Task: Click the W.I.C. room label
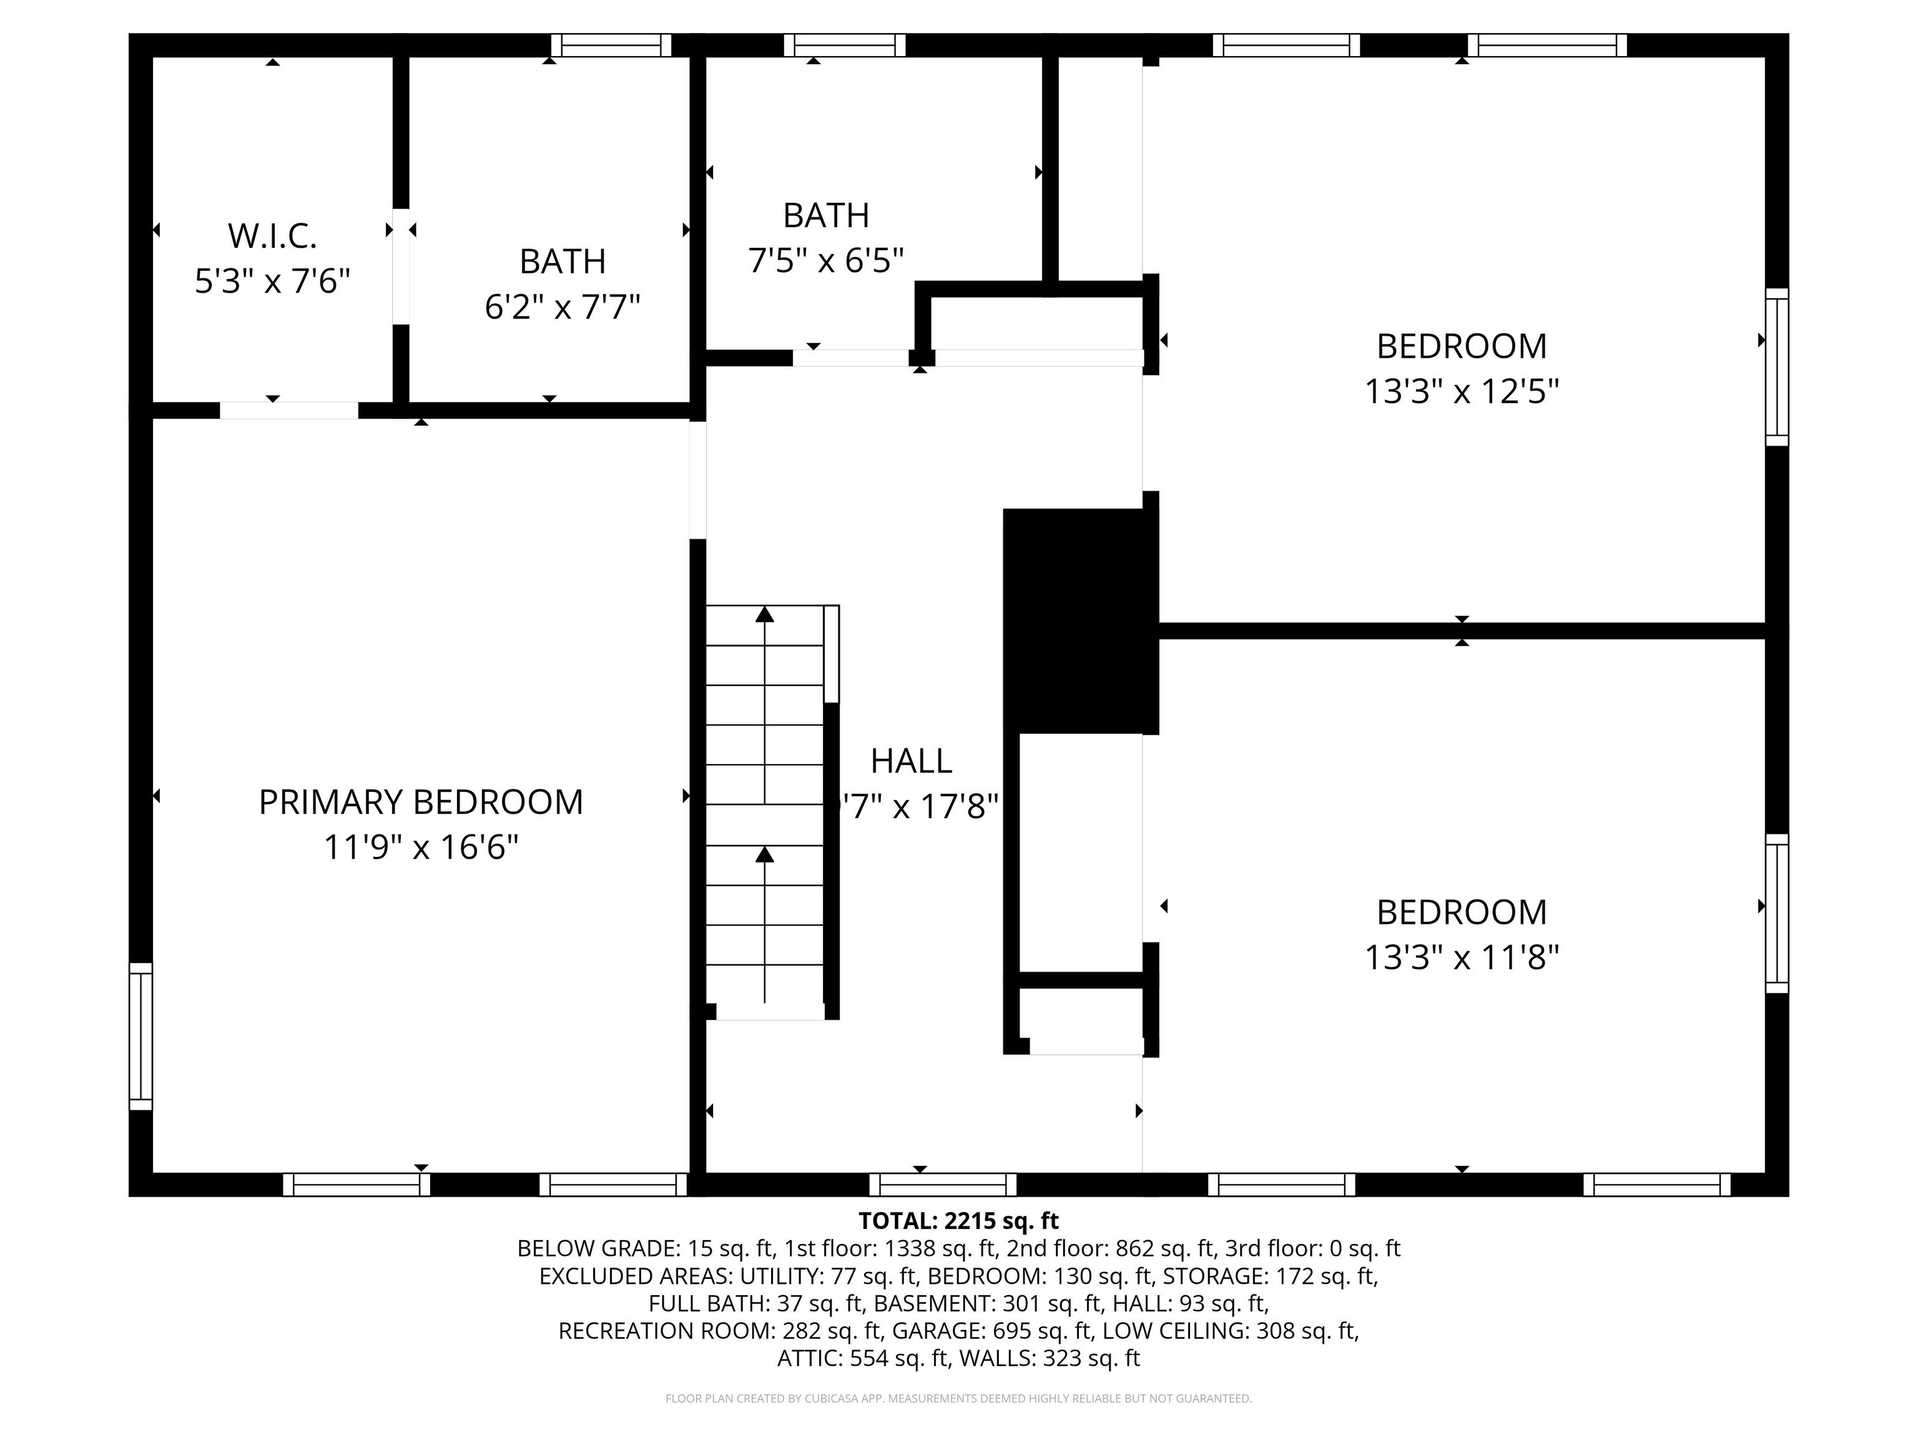[272, 236]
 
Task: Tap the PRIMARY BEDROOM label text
[421, 802]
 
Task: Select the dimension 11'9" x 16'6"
[421, 847]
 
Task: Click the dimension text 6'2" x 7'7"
[562, 307]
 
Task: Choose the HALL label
[912, 761]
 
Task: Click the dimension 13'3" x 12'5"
[1462, 392]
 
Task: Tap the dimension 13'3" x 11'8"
[1462, 958]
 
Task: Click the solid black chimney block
[1080, 620]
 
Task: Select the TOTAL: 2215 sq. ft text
[958, 1221]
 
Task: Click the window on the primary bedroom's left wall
[140, 1036]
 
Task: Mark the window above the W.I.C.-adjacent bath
[611, 45]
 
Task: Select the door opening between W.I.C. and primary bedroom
[288, 410]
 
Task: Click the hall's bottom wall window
[943, 1185]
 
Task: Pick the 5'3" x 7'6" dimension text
[272, 281]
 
